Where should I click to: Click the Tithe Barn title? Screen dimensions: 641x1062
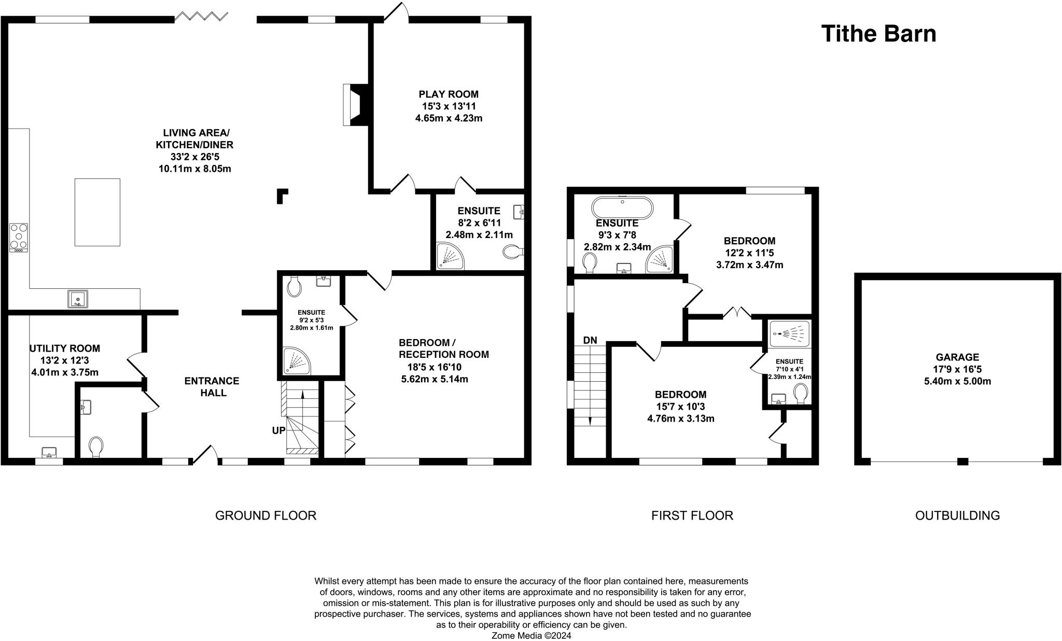click(878, 34)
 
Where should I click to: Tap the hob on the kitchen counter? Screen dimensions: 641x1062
click(19, 237)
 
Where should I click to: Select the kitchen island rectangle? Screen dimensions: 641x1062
click(97, 212)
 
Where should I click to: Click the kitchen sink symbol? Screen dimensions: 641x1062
click(77, 299)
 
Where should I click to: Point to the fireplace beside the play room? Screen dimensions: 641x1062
click(355, 105)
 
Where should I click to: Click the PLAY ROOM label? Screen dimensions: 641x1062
click(449, 94)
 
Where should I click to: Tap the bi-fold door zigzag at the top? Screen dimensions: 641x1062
click(201, 17)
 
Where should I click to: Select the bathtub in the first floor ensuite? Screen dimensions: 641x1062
click(622, 208)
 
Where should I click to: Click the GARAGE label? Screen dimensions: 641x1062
click(957, 357)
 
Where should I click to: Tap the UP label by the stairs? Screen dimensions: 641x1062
click(278, 430)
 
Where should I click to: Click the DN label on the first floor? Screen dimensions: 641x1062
click(590, 340)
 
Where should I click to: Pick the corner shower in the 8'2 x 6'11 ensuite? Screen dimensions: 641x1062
click(449, 257)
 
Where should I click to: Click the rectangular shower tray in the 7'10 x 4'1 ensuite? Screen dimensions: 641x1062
click(789, 333)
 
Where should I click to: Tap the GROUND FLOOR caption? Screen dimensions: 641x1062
click(265, 515)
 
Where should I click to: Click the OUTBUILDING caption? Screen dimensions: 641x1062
click(957, 515)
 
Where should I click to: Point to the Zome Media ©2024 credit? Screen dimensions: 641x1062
click(531, 635)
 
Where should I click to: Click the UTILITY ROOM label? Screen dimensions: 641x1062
click(65, 349)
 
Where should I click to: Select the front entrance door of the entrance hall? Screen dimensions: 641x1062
click(205, 455)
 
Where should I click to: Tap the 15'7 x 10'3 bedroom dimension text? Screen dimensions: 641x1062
click(680, 407)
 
